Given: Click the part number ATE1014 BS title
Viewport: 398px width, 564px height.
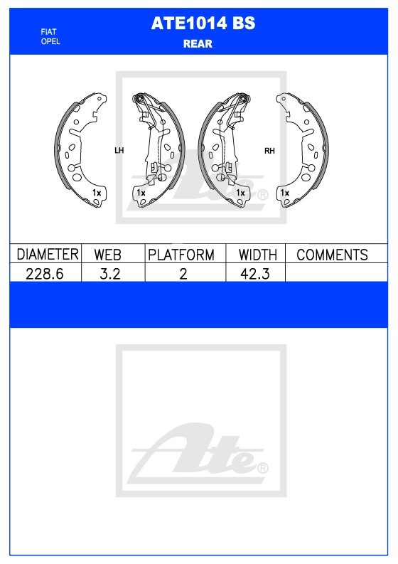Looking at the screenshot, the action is pyautogui.click(x=203, y=23).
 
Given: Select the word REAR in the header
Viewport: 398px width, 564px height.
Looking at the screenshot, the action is pyautogui.click(x=198, y=43).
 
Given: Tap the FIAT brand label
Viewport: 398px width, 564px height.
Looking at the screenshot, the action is pyautogui.click(x=48, y=32).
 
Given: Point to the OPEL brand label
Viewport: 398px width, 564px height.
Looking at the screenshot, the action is pyautogui.click(x=50, y=41).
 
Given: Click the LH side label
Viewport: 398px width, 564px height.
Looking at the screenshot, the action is pyautogui.click(x=119, y=150).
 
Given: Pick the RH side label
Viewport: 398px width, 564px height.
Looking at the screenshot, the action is pyautogui.click(x=269, y=151).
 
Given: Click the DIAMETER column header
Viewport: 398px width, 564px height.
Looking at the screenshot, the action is pyautogui.click(x=48, y=255).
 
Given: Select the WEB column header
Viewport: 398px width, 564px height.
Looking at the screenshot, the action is pyautogui.click(x=107, y=255).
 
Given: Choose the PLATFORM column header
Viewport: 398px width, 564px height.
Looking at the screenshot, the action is pyautogui.click(x=181, y=255).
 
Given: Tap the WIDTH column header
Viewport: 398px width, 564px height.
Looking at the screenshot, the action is pyautogui.click(x=258, y=255).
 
